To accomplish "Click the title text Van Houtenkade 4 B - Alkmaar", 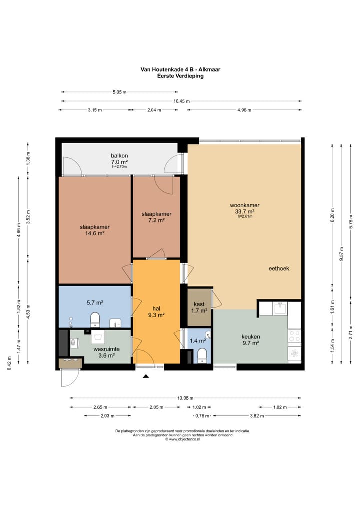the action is pyautogui.click(x=180, y=69).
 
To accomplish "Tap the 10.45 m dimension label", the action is pyautogui.click(x=182, y=101).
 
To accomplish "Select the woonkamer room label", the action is pyautogui.click(x=245, y=205).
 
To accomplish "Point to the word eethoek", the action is pyautogui.click(x=279, y=269).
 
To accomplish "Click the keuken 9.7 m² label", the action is pyautogui.click(x=251, y=340).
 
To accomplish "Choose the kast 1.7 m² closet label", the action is pyautogui.click(x=199, y=307).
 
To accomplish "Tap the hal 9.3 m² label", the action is pyautogui.click(x=157, y=311).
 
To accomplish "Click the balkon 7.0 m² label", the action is pyautogui.click(x=119, y=158).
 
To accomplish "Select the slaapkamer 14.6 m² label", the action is pyautogui.click(x=95, y=230).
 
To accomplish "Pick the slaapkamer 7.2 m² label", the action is pyautogui.click(x=157, y=217).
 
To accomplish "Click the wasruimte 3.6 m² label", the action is pyautogui.click(x=107, y=352).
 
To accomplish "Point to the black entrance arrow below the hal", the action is pyautogui.click(x=146, y=376).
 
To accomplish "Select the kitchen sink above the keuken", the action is pyautogui.click(x=280, y=308).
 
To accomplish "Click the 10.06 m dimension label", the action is pyautogui.click(x=185, y=398).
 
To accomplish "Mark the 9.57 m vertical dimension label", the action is pyautogui.click(x=341, y=254).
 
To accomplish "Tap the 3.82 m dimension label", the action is pyautogui.click(x=257, y=416).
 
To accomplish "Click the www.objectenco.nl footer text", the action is pyautogui.click(x=183, y=439).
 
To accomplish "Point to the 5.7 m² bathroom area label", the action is pyautogui.click(x=95, y=303).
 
